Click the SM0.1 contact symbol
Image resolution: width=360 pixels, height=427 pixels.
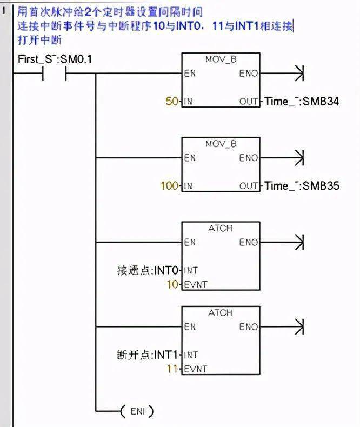55,74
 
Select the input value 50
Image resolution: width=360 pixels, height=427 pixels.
172,101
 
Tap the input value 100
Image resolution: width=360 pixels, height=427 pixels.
169,186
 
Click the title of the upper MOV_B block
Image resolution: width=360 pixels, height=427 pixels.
221,59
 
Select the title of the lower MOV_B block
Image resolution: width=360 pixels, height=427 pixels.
221,144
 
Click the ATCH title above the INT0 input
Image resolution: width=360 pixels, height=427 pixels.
221,228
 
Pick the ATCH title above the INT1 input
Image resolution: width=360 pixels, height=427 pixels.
221,312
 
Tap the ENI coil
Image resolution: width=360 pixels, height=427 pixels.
137,411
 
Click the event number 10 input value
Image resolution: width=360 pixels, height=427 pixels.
172,284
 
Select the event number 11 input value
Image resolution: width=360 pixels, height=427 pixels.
172,369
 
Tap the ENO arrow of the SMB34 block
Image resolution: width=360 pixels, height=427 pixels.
282,74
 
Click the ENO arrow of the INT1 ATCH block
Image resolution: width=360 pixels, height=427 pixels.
282,326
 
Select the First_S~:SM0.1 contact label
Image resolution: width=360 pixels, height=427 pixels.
55,59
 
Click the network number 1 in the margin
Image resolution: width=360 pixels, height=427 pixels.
4,10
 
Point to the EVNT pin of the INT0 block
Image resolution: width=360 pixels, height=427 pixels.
196,284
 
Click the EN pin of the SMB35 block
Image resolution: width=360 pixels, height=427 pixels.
190,158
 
